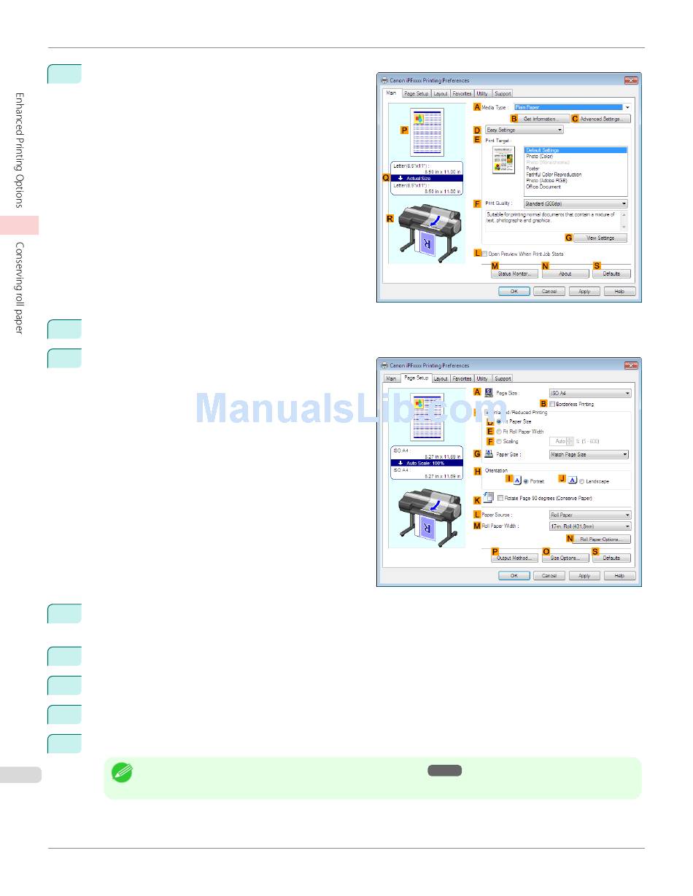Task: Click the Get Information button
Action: tap(541, 119)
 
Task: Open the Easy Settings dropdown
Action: tap(525, 130)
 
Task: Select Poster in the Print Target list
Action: tap(533, 168)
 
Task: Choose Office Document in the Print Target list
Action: tap(543, 187)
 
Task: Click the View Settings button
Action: tap(600, 238)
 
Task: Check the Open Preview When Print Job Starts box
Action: tap(484, 254)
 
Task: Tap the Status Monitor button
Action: tap(514, 274)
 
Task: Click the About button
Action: tap(565, 274)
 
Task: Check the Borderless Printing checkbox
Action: tap(552, 404)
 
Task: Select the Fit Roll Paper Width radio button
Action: tap(499, 432)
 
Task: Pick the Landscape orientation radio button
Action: tap(581, 481)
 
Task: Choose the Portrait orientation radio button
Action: tap(526, 481)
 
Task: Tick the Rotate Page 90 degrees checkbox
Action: tap(500, 499)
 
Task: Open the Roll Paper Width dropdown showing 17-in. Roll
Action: tap(589, 526)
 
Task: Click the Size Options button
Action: tap(565, 558)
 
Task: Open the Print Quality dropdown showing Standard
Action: tap(575, 204)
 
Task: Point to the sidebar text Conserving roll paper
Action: tap(20, 288)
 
